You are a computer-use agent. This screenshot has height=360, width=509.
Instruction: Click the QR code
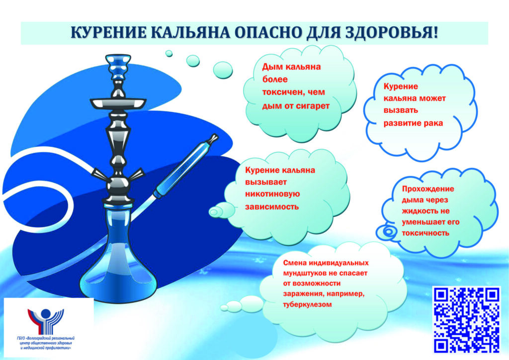(466, 320)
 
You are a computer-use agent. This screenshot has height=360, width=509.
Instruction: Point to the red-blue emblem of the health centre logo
(45, 321)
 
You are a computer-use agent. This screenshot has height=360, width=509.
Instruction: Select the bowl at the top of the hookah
(118, 67)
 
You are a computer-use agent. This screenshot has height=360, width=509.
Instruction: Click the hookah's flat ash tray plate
(118, 103)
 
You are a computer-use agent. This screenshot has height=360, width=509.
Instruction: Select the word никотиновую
(272, 194)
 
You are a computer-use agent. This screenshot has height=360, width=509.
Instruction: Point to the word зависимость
(272, 207)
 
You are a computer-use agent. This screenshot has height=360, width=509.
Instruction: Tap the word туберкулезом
(307, 304)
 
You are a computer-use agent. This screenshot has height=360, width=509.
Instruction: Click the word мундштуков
(305, 273)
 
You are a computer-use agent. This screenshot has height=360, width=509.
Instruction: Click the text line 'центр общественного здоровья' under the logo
(46, 343)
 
